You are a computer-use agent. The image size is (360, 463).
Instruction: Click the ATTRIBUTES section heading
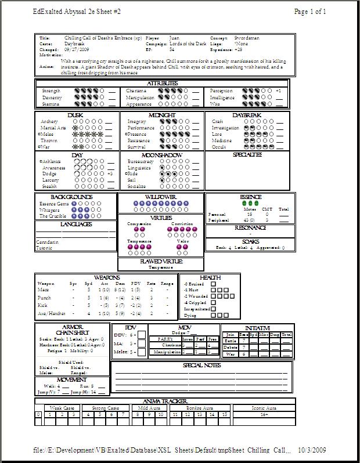[162, 84]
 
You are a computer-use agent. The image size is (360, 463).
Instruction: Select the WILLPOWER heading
[160, 197]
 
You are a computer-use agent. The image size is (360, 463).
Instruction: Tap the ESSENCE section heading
[250, 197]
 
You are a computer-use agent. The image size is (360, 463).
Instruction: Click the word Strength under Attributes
[51, 91]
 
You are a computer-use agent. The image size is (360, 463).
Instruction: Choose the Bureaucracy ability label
[141, 161]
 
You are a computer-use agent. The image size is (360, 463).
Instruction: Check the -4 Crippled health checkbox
[214, 302]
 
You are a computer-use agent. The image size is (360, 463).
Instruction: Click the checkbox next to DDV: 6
[142, 335]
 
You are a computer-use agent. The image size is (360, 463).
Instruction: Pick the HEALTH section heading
[210, 277]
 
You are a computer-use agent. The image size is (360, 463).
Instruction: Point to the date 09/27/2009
[75, 50]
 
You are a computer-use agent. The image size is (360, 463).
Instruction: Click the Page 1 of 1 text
[310, 11]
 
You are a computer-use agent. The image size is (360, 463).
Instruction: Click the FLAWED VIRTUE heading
[160, 262]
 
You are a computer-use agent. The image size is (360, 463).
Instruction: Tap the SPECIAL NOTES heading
[201, 365]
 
